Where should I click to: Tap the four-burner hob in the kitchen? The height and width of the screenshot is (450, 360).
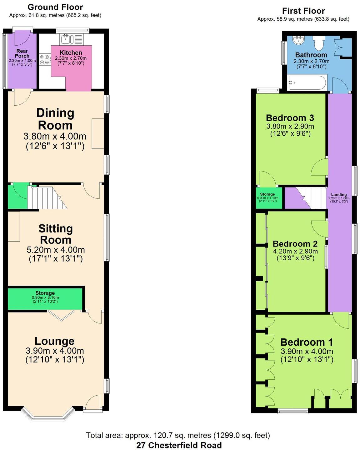(x=45, y=60)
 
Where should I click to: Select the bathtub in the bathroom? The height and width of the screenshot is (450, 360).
(x=307, y=83)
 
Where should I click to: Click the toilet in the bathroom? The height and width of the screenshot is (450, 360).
(x=319, y=43)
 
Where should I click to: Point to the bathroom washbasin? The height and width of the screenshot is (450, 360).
(x=298, y=40)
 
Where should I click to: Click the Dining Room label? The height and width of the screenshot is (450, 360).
(x=55, y=119)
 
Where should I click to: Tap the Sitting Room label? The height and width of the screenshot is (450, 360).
(x=56, y=234)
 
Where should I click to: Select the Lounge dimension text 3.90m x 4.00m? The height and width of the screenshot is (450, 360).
(x=55, y=351)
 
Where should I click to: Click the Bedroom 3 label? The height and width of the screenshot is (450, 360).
(x=290, y=118)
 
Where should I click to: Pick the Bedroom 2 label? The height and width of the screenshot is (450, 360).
(x=295, y=244)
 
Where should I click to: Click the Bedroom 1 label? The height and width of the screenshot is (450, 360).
(x=307, y=342)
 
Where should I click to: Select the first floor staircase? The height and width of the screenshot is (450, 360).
(x=311, y=197)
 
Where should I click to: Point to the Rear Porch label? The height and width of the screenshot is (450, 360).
(x=22, y=53)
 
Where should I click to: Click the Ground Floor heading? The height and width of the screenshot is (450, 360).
(x=55, y=7)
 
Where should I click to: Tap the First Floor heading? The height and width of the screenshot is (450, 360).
(x=303, y=11)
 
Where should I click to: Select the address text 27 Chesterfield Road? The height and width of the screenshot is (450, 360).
(x=179, y=445)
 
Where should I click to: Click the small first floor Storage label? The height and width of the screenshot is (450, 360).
(x=267, y=194)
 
